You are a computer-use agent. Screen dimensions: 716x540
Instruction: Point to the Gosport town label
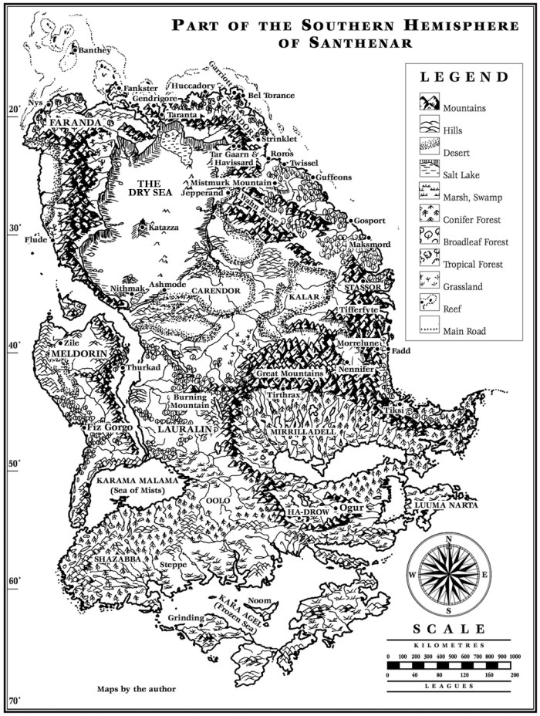pos(369,221)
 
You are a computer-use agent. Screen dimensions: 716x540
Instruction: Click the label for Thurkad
pos(143,368)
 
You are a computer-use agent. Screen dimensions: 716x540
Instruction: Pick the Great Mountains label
pos(289,373)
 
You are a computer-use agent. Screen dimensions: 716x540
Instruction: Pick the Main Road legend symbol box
pos(429,331)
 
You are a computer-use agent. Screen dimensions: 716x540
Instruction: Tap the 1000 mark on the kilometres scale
pos(515,656)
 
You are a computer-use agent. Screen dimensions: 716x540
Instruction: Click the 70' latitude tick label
pos(14,701)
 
